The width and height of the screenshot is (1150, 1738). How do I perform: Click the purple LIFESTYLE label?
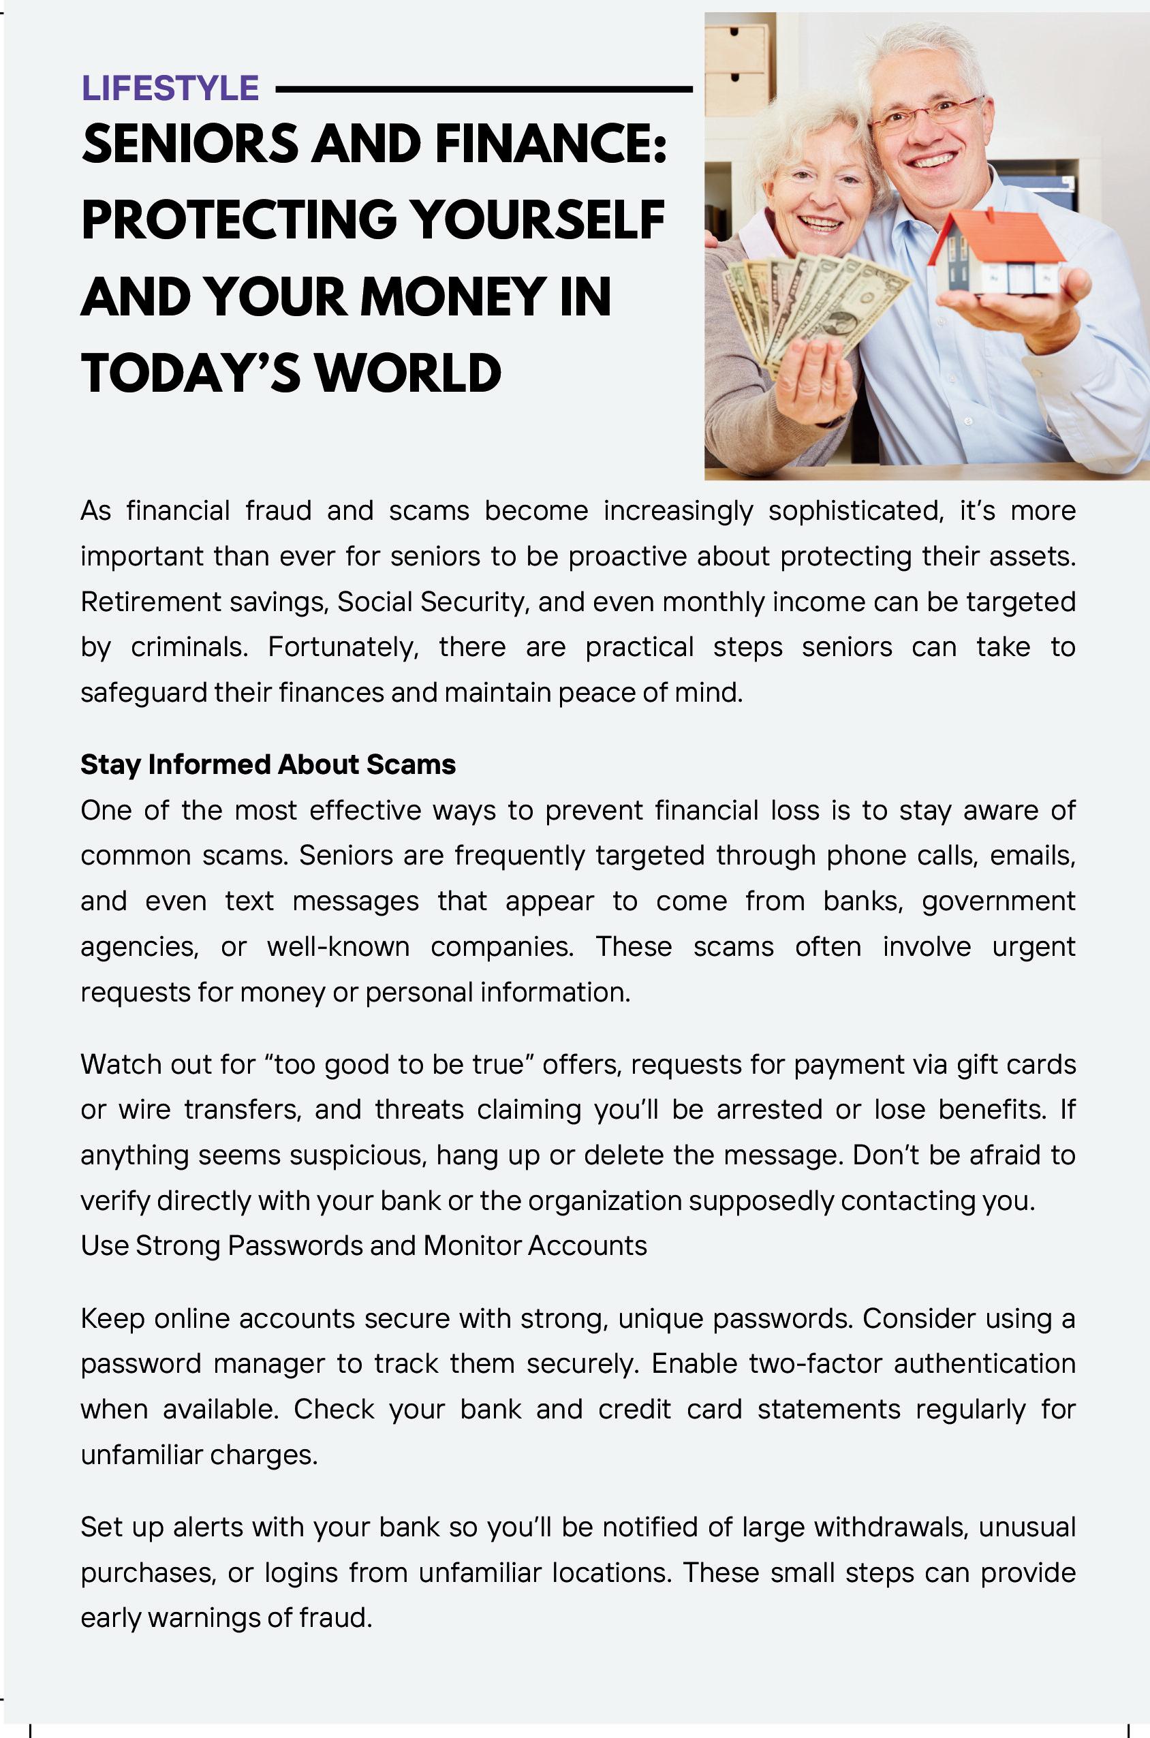coord(170,89)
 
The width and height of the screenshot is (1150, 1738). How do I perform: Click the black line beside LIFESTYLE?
coord(484,89)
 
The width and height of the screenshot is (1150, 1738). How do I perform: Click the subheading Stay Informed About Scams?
coord(268,765)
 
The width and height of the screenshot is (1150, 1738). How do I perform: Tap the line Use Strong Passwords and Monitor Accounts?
coord(364,1246)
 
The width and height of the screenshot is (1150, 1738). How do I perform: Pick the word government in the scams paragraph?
coord(998,901)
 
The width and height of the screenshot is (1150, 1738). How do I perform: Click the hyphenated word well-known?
coord(338,947)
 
